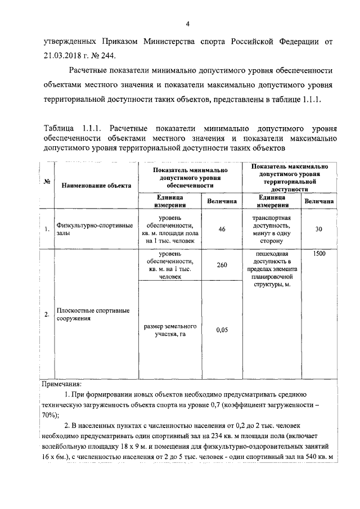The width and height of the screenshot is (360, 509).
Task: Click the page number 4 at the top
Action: tap(188, 24)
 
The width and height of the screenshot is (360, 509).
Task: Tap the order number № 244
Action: tap(105, 55)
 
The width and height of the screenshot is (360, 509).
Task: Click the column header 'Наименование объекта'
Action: tap(96, 185)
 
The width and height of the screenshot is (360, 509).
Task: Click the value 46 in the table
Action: tap(222, 229)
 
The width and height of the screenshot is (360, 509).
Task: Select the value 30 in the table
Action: tap(319, 229)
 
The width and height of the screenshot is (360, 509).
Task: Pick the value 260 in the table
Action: tap(222, 265)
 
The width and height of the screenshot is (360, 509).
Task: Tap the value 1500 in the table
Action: tap(319, 254)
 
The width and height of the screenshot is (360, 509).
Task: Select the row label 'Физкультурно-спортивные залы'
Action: tap(94, 229)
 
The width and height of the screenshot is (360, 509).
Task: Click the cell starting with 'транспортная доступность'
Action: tap(271, 229)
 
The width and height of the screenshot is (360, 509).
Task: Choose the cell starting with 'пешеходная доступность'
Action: tap(271, 269)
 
